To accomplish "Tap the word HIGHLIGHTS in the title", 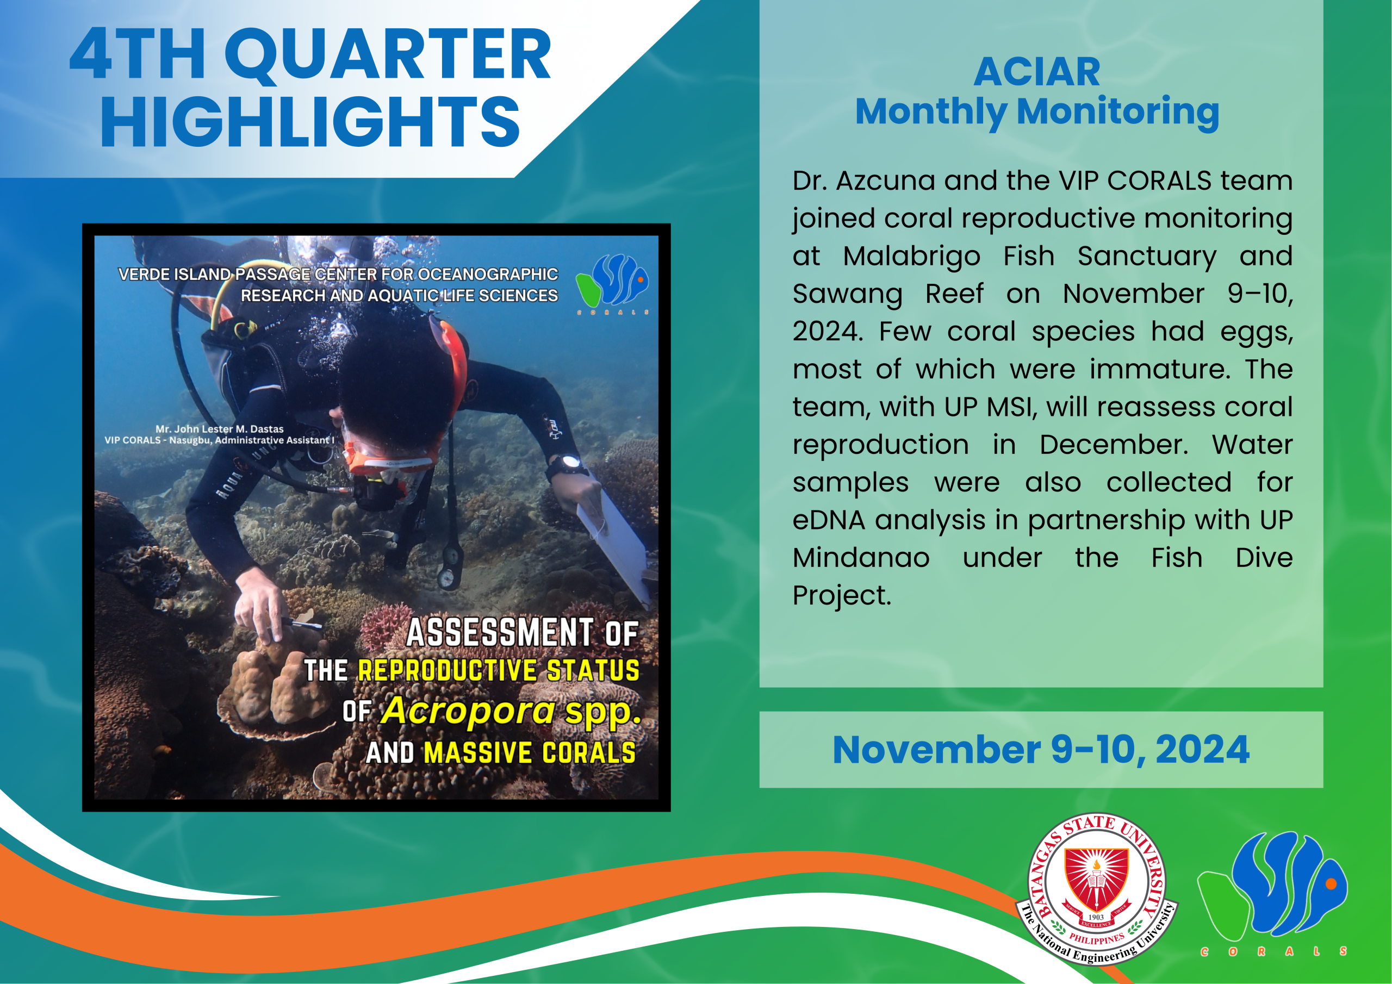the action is pos(310,122).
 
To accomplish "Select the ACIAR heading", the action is pos(1037,72).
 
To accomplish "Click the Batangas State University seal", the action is pos(1096,889).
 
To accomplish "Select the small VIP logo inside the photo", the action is pos(612,283).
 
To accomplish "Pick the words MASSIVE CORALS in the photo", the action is pos(529,752).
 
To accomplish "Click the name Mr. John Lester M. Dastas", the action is pos(220,428).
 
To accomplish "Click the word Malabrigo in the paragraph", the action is pos(911,257).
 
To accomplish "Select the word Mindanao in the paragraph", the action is pos(861,558).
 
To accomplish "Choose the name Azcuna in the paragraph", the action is pos(885,180).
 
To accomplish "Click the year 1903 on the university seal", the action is pos(1096,917).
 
